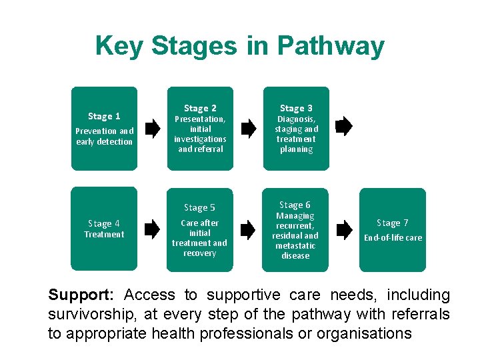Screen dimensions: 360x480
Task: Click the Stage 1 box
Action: click(x=104, y=129)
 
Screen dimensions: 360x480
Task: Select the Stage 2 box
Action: click(x=200, y=129)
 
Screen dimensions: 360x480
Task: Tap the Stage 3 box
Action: click(x=296, y=129)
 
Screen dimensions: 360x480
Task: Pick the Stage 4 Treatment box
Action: click(x=104, y=229)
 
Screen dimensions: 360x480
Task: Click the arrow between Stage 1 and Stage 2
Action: click(x=153, y=129)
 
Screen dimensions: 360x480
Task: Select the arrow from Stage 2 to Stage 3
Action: click(x=249, y=129)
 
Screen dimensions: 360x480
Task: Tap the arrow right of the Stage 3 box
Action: click(x=344, y=127)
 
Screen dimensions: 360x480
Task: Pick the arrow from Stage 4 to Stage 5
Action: click(x=153, y=230)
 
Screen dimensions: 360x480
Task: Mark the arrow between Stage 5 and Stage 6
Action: click(x=248, y=230)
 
